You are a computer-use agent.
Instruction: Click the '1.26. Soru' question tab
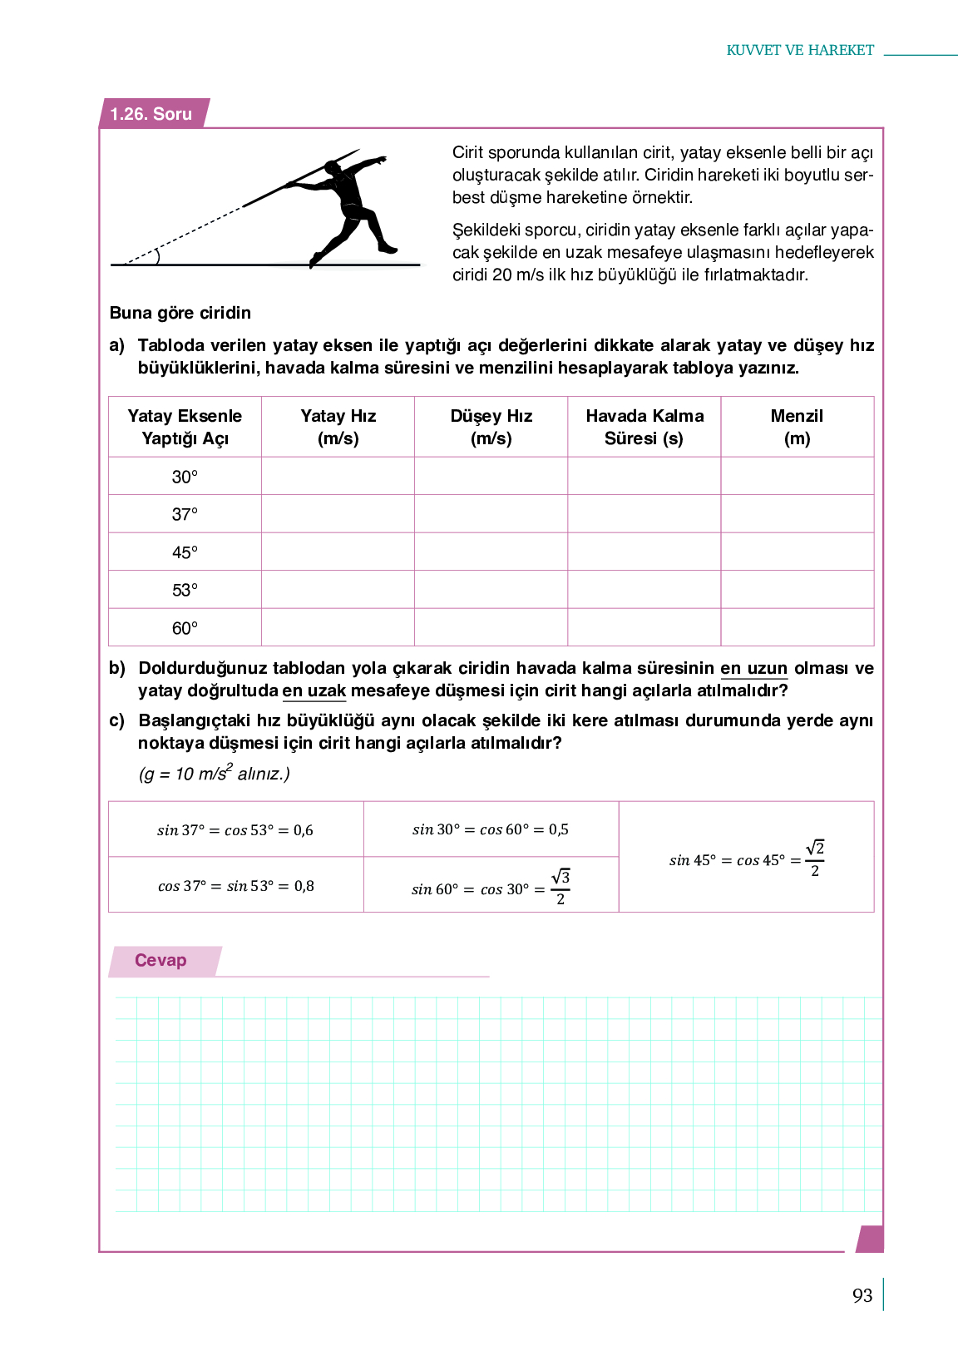tap(151, 114)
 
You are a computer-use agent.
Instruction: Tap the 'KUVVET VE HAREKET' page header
tap(800, 50)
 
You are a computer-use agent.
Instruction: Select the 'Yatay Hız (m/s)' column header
tap(338, 427)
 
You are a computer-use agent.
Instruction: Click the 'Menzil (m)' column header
tap(797, 427)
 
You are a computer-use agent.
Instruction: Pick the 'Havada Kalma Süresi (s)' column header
tap(644, 427)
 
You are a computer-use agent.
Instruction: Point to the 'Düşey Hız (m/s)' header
tap(491, 427)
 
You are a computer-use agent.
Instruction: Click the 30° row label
tap(185, 477)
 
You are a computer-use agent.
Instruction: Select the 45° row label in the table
tap(185, 552)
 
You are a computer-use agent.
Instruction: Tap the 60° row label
tap(185, 628)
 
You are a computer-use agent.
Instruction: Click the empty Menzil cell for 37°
tap(797, 514)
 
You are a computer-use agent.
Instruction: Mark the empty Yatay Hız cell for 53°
tap(338, 590)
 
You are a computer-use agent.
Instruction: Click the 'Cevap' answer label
tap(160, 960)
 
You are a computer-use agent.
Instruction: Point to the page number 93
tap(862, 1295)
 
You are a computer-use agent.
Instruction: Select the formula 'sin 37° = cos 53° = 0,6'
tap(235, 830)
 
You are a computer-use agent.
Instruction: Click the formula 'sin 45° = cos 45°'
tap(746, 859)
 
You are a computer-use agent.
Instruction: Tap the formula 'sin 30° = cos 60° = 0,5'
tap(491, 829)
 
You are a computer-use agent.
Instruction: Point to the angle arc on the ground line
tap(156, 255)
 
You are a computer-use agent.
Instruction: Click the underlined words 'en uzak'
tap(314, 690)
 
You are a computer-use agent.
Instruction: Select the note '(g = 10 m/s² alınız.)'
tap(214, 774)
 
